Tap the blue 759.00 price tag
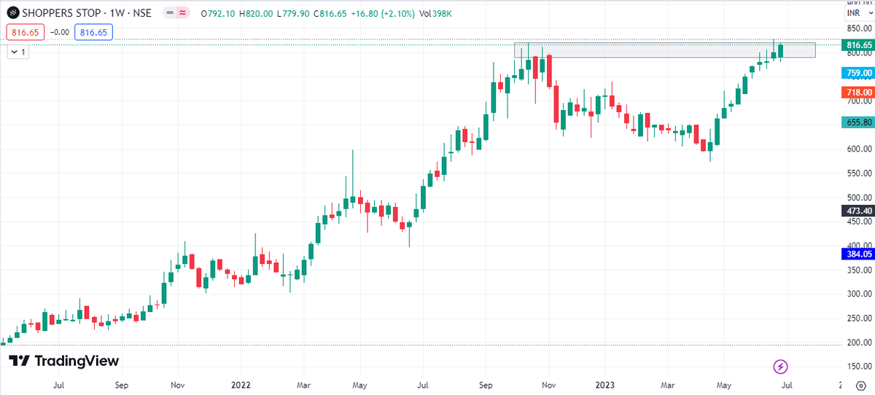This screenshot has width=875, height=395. click(857, 73)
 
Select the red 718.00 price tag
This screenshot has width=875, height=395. click(857, 93)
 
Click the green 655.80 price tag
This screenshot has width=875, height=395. click(857, 123)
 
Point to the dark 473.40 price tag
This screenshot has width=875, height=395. click(857, 211)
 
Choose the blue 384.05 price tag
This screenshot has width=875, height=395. click(857, 254)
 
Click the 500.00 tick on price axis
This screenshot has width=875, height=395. click(856, 197)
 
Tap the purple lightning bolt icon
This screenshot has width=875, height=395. click(781, 366)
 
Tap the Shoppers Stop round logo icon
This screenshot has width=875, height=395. click(12, 13)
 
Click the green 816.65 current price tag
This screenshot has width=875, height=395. click(857, 45)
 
